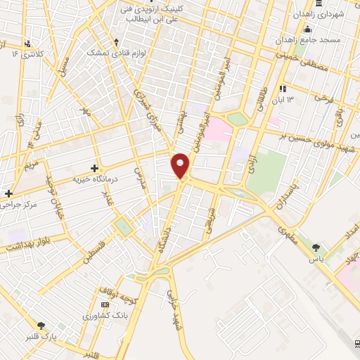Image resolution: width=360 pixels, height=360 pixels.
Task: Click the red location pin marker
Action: tap(181, 165)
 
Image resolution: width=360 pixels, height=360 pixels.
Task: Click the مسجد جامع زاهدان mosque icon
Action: tap(307, 30)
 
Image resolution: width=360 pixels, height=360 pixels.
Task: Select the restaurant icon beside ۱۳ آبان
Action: tap(283, 89)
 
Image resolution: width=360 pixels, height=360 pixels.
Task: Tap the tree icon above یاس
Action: tap(316, 247)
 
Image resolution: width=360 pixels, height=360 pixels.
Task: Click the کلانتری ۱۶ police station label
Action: tap(27, 53)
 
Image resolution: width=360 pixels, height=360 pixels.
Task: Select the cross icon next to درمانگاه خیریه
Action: tap(94, 168)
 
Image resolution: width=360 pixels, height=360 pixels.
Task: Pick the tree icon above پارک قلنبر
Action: tap(41, 326)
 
